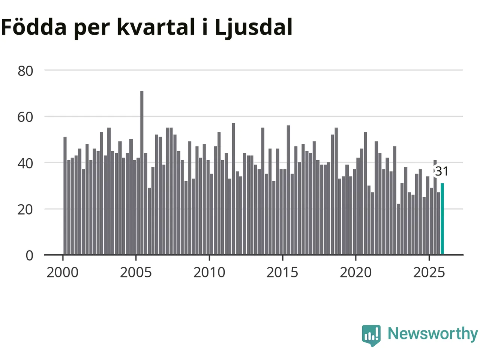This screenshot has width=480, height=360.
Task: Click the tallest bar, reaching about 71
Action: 142,172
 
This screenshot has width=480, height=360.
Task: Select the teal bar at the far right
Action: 442,219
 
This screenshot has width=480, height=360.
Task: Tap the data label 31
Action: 442,171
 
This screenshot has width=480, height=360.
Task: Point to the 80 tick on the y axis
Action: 25,70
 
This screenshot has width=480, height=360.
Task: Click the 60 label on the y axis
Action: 25,117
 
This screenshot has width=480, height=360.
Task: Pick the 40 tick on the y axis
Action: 25,163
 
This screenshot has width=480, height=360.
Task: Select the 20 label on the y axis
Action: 25,209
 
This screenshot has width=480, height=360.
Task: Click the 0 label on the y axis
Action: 30,255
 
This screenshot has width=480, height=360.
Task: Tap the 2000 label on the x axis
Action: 63,272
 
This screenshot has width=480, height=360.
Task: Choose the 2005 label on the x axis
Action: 136,272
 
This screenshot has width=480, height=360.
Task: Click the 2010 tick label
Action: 209,272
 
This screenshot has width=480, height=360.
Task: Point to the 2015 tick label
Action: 282,272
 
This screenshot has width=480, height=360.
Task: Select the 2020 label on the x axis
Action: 355,272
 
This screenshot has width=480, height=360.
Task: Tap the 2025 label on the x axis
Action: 429,272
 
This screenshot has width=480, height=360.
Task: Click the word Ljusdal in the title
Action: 253,27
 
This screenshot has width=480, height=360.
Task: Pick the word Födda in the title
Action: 34,27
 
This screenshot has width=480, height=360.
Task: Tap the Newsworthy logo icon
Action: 371,335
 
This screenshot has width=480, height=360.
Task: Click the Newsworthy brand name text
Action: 432,333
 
